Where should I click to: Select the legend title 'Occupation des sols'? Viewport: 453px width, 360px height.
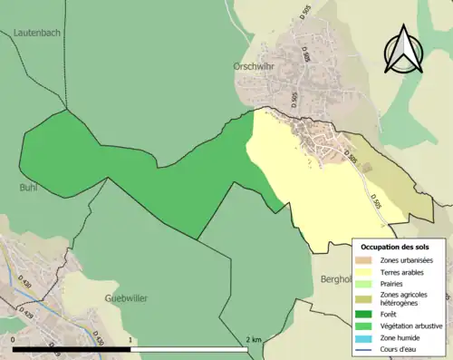[x=395, y=247]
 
